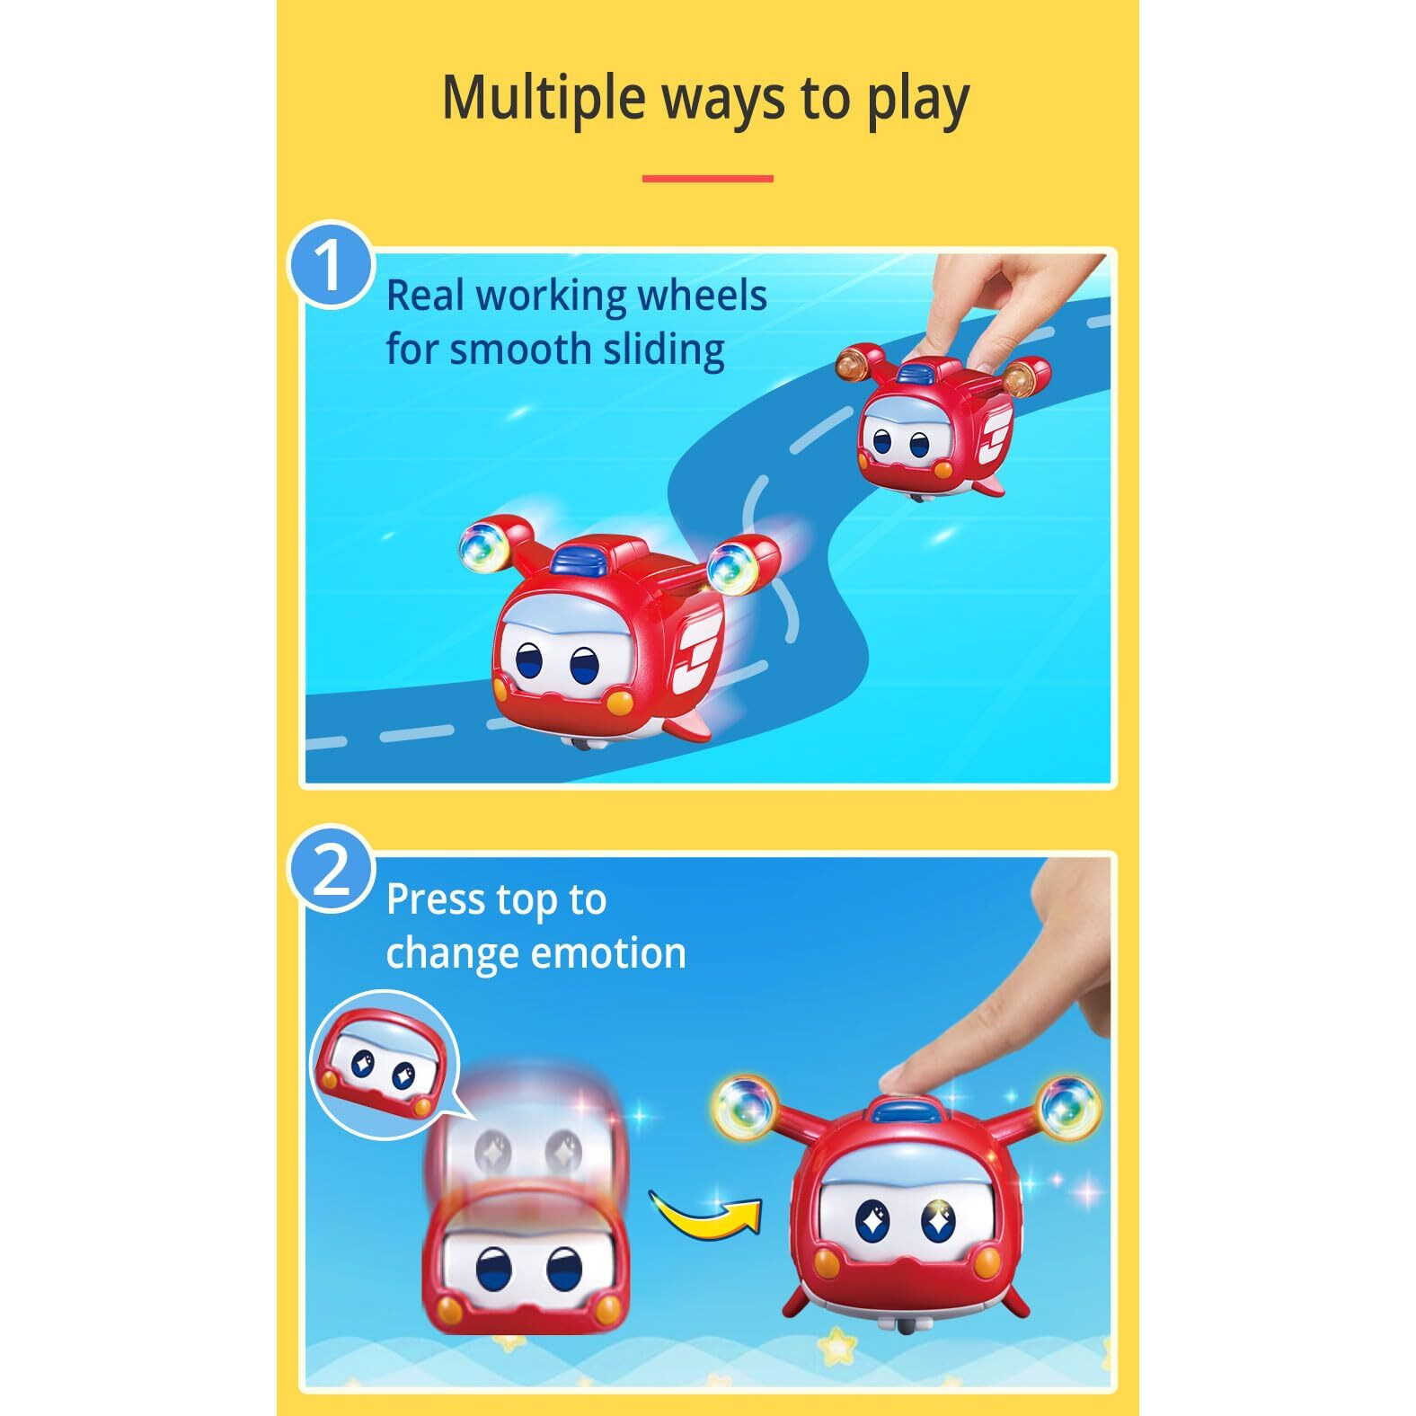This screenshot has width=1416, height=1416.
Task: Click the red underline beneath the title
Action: click(707, 179)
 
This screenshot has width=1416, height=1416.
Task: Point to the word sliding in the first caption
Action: click(663, 350)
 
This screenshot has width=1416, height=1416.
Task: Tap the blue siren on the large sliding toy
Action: click(581, 559)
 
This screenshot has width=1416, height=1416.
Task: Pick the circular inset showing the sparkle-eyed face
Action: click(384, 1064)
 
